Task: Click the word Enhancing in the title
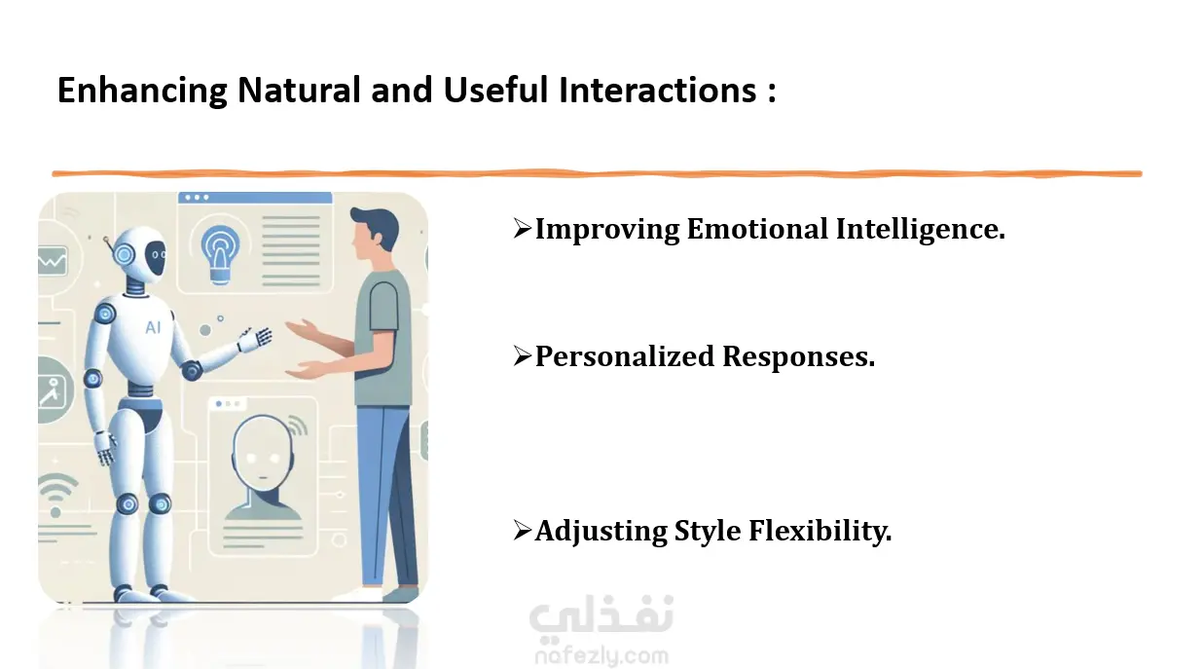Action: pyautogui.click(x=142, y=91)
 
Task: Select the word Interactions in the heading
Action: pyautogui.click(x=657, y=90)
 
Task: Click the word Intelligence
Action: pyautogui.click(x=921, y=230)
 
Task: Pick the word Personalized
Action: pyautogui.click(x=625, y=356)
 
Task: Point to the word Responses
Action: pyautogui.click(x=799, y=357)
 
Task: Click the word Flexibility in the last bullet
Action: pyautogui.click(x=820, y=532)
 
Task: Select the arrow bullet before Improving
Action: pyautogui.click(x=522, y=229)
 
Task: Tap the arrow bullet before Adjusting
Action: pyautogui.click(x=522, y=531)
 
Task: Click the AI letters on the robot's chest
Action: pyautogui.click(x=153, y=327)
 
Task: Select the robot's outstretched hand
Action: pyautogui.click(x=255, y=340)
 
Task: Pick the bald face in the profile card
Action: pyautogui.click(x=263, y=450)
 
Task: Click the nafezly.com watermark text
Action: pyautogui.click(x=602, y=656)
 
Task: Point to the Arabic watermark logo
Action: pyautogui.click(x=601, y=615)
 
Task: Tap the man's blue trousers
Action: pyautogui.click(x=386, y=496)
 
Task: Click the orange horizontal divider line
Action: pyautogui.click(x=597, y=173)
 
